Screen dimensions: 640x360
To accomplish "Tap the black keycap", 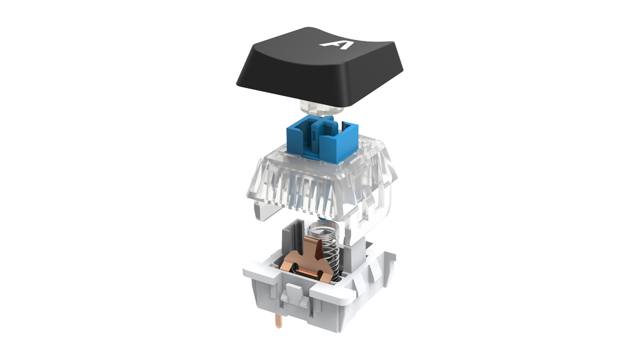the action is [319, 67].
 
